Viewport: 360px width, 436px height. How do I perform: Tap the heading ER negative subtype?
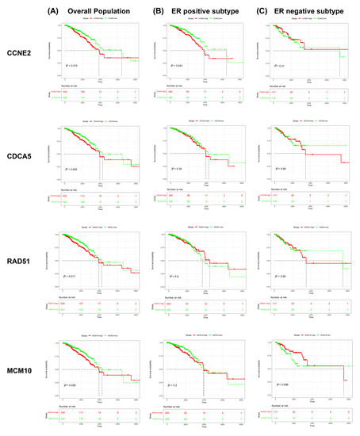pyautogui.click(x=303, y=9)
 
